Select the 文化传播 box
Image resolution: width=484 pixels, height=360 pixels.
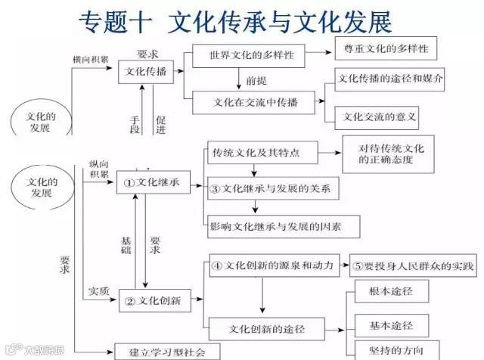tap(147, 73)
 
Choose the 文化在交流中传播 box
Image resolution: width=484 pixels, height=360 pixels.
tap(256, 102)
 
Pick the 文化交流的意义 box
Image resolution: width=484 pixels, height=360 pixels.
tap(380, 116)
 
